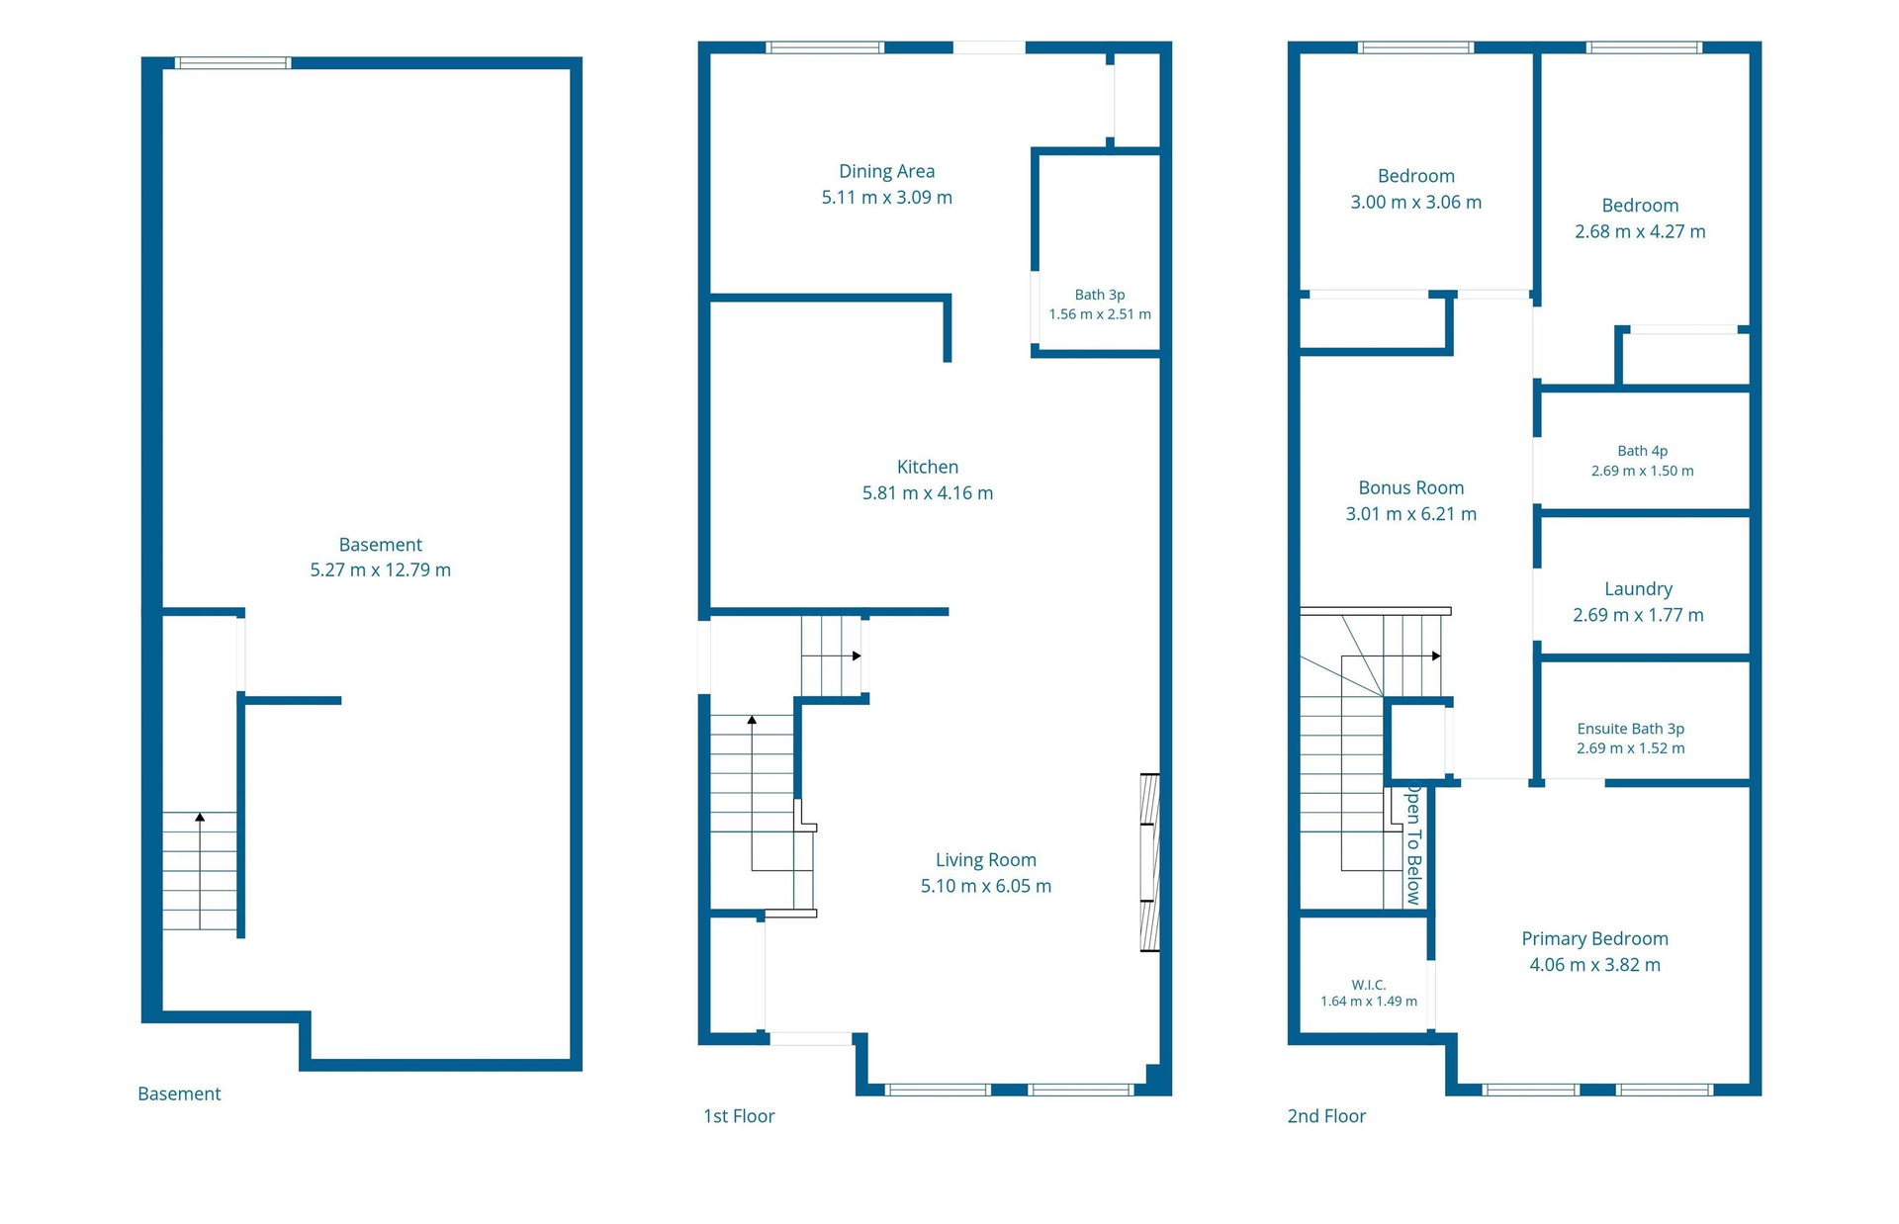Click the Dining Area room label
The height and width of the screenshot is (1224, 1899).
point(886,171)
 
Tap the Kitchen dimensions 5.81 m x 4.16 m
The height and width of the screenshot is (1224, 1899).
point(928,492)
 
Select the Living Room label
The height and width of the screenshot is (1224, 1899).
point(986,860)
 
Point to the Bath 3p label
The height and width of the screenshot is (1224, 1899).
point(1100,295)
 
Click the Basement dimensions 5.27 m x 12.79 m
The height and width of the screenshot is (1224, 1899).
point(381,569)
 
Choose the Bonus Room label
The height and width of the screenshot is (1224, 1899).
point(1411,487)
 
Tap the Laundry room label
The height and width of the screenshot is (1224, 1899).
point(1638,589)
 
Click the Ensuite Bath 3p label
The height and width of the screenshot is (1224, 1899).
point(1631,729)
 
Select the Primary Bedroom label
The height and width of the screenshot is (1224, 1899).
point(1594,938)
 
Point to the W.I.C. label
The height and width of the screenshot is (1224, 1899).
point(1369,985)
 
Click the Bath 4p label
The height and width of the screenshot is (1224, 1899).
point(1643,451)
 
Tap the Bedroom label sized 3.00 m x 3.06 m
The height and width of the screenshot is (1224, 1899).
point(1416,176)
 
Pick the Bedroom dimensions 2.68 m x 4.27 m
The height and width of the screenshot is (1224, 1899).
point(1640,231)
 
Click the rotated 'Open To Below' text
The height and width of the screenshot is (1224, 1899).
point(1414,845)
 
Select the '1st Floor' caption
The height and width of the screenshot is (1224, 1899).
point(739,1116)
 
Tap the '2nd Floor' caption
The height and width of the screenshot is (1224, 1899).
point(1326,1116)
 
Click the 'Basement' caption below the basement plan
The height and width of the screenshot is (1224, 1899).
point(179,1093)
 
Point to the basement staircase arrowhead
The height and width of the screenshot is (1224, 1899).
point(200,817)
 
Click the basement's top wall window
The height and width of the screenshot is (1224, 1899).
point(233,63)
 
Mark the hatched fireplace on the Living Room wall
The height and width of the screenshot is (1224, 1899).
point(1149,862)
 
